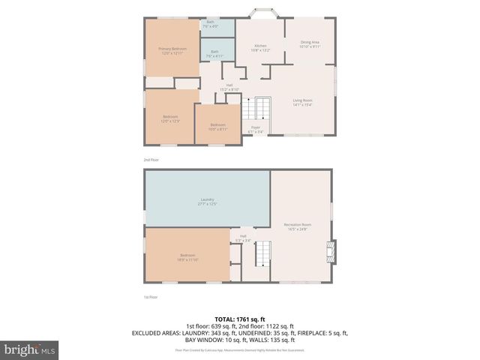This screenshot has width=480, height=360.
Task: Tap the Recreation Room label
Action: click(x=297, y=226)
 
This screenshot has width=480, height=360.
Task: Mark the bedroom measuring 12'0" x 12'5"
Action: click(x=170, y=118)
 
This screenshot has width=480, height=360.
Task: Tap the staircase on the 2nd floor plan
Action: click(x=262, y=109)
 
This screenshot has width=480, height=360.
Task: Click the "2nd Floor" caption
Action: click(x=151, y=160)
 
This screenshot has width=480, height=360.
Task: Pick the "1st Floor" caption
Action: click(x=151, y=297)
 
